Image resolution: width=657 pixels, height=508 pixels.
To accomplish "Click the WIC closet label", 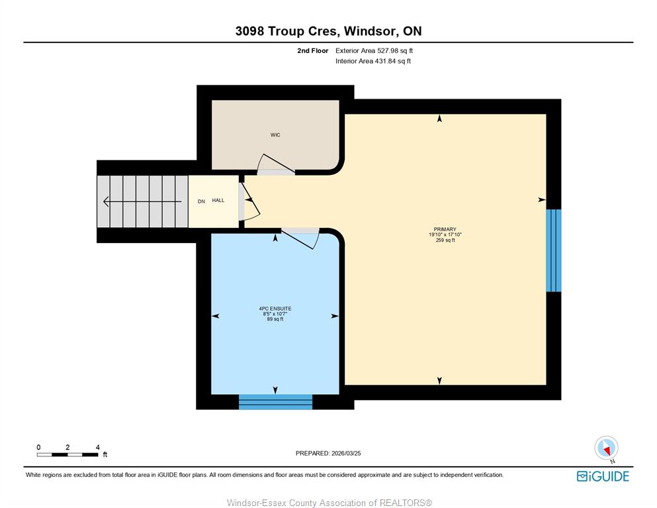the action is (275, 135).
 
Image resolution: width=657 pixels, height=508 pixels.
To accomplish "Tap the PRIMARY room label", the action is (445, 229).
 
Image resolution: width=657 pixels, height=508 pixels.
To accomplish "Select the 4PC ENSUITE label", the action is (275, 309).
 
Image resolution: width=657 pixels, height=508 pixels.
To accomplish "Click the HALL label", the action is (218, 201).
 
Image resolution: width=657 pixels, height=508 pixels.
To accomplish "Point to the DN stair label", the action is (202, 201).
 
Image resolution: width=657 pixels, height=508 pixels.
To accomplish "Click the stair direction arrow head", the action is (106, 202).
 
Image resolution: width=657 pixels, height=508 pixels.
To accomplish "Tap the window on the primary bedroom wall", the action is (554, 250).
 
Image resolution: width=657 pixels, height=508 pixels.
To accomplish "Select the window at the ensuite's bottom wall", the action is (276, 402).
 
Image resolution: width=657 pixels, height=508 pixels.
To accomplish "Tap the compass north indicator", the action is (606, 448).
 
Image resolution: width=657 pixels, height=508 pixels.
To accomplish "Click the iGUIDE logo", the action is (603, 476).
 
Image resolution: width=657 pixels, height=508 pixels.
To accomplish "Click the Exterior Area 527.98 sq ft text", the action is (374, 51).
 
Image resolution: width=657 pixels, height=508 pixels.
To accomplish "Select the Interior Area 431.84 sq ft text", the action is (373, 61).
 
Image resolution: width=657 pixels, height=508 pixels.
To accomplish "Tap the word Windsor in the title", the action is (370, 31).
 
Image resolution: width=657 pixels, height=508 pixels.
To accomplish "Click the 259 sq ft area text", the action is (445, 240).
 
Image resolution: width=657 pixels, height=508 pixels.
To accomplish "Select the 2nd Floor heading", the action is (312, 51).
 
